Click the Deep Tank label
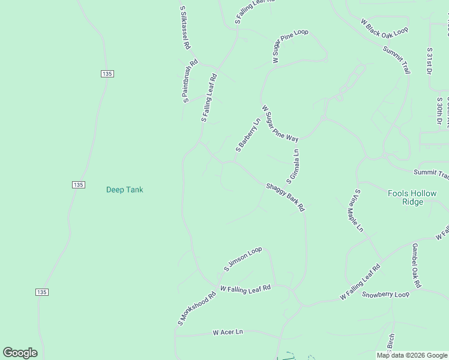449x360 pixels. pyautogui.click(x=125, y=190)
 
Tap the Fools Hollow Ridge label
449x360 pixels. pyautogui.click(x=412, y=197)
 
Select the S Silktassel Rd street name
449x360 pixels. pyautogui.click(x=185, y=28)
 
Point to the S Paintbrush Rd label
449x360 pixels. pyautogui.click(x=190, y=81)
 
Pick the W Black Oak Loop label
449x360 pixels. pyautogui.click(x=384, y=26)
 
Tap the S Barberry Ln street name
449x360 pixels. pyautogui.click(x=248, y=134)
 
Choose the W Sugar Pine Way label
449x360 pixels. pyautogui.click(x=280, y=124)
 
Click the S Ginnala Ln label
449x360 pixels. pyautogui.click(x=293, y=166)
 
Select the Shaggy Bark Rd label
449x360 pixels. pyautogui.click(x=286, y=197)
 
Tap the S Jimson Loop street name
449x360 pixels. pyautogui.click(x=243, y=259)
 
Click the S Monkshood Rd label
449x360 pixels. pyautogui.click(x=196, y=310)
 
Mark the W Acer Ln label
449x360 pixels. pyautogui.click(x=228, y=332)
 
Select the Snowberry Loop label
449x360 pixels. pyautogui.click(x=385, y=295)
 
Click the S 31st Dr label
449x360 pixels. pyautogui.click(x=429, y=62)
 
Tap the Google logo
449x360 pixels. pyautogui.click(x=20, y=353)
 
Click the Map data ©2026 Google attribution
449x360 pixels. pyautogui.click(x=412, y=355)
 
